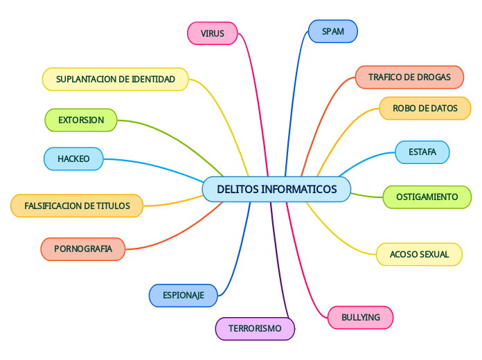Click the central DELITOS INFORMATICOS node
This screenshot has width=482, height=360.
(x=276, y=189)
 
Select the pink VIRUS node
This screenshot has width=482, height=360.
(x=213, y=33)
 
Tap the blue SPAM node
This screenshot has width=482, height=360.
(x=332, y=31)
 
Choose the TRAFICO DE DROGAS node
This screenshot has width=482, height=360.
(x=409, y=77)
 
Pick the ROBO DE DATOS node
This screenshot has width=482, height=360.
(x=425, y=108)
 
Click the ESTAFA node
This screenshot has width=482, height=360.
(x=422, y=152)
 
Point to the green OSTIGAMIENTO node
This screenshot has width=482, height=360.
(x=427, y=197)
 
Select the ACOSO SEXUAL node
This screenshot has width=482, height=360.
(x=419, y=254)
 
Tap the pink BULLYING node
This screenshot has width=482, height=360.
(x=361, y=317)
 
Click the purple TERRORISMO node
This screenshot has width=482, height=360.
(x=255, y=328)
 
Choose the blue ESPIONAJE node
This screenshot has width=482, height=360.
(x=184, y=296)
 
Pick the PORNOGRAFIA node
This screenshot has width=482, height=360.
(x=83, y=249)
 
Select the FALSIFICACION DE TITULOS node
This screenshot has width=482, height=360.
(x=77, y=206)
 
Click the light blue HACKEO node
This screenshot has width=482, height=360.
(x=73, y=159)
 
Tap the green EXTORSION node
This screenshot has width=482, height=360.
(x=81, y=120)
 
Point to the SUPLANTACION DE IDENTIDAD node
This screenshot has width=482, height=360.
(x=116, y=79)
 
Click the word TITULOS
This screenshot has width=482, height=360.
(x=113, y=206)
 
